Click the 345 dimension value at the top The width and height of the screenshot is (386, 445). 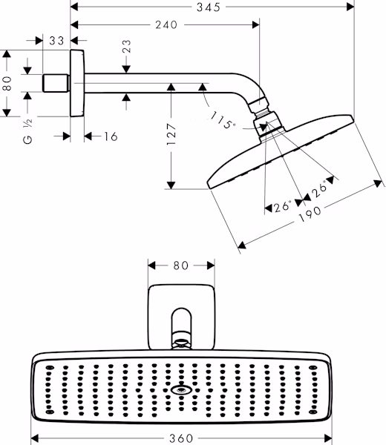click(x=209, y=7)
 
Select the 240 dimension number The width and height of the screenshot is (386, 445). click(x=166, y=25)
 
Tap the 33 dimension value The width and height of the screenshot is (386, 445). click(x=56, y=41)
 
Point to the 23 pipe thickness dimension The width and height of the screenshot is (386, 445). click(x=127, y=46)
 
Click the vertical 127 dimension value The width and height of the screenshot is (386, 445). click(x=171, y=134)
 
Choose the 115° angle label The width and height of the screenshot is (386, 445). click(x=223, y=120)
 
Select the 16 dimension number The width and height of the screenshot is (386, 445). click(x=111, y=136)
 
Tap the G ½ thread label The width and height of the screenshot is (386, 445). click(x=27, y=131)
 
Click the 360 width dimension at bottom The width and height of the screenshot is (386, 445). click(x=181, y=438)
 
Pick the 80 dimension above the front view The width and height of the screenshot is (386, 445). click(x=181, y=266)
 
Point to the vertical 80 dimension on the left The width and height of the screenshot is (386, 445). click(x=7, y=83)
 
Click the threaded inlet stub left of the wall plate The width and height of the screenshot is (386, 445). click(x=56, y=83)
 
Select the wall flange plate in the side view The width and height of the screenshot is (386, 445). click(x=77, y=83)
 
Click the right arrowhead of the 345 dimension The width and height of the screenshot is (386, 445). click(x=350, y=7)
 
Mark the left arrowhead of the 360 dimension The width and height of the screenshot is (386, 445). click(x=34, y=438)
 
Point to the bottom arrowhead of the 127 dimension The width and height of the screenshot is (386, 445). click(x=171, y=185)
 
